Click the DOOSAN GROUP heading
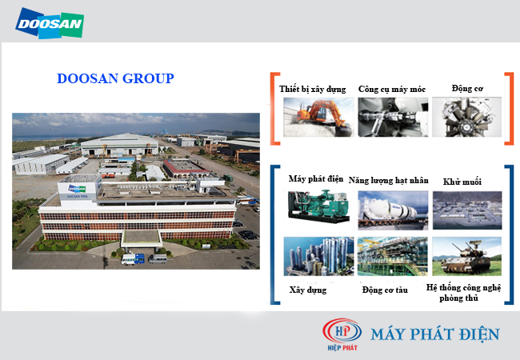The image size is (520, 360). pos(115,78)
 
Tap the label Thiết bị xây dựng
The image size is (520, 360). pos(313,89)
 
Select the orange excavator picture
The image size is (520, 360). pos(313,120)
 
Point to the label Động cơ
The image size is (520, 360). pos(466,89)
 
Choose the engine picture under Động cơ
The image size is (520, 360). pos(466,120)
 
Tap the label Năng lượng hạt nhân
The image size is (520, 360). pos(389,182)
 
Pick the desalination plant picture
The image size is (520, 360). pos(466,210)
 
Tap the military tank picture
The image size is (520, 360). pos(466,256)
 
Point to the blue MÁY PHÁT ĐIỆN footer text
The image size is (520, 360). pos(436,334)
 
